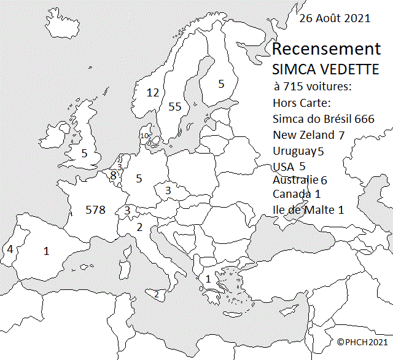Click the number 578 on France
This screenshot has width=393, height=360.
pyautogui.click(x=96, y=210)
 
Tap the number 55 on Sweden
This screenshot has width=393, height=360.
pyautogui.click(x=175, y=106)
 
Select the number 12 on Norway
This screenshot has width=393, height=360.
pyautogui.click(x=153, y=93)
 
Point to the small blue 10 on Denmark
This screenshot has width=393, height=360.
pyautogui.click(x=144, y=136)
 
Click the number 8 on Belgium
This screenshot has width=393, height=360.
pyautogui.click(x=113, y=176)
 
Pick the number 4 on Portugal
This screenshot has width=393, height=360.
pyautogui.click(x=10, y=249)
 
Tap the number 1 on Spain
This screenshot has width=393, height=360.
pyautogui.click(x=46, y=251)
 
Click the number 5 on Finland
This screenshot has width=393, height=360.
pyautogui.click(x=222, y=84)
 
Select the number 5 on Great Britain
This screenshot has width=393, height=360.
pyautogui.click(x=84, y=154)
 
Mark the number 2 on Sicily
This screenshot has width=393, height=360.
pyautogui.click(x=156, y=294)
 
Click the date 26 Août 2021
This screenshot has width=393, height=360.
pyautogui.click(x=335, y=18)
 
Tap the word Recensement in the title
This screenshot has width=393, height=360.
pyautogui.click(x=326, y=49)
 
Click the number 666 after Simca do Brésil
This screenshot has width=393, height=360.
pyautogui.click(x=364, y=119)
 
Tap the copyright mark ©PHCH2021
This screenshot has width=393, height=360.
pyautogui.click(x=362, y=341)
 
